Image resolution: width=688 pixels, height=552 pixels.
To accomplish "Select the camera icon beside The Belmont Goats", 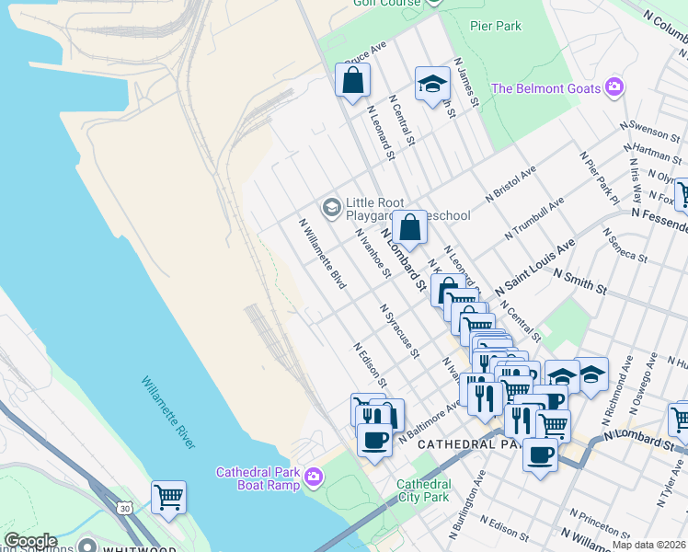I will pyautogui.click(x=614, y=89).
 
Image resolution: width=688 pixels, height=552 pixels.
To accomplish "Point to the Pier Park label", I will pyautogui.click(x=496, y=26).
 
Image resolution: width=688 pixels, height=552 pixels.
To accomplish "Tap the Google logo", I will pyautogui.click(x=30, y=542).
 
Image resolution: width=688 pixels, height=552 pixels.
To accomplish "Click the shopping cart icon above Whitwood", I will pyautogui.click(x=168, y=498).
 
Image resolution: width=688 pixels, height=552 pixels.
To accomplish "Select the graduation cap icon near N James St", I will pyautogui.click(x=431, y=85).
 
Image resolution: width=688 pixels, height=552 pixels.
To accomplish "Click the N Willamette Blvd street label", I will pyautogui.click(x=321, y=254).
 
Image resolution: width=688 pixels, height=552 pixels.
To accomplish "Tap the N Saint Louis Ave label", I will pyautogui.click(x=534, y=268).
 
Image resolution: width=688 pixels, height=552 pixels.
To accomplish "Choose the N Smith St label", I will pyautogui.click(x=579, y=281).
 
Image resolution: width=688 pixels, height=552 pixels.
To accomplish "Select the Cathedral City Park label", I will pyautogui.click(x=423, y=490).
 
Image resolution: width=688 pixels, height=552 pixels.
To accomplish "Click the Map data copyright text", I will pyautogui.click(x=648, y=545).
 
